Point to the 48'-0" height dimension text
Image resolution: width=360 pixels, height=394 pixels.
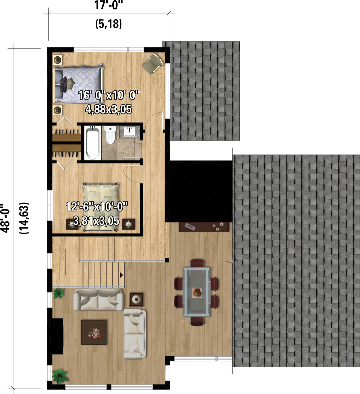(x=5, y=218)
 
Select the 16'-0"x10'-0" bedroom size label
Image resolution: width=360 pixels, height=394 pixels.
(x=109, y=95)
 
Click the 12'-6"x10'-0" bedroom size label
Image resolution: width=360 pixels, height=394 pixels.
(x=97, y=207)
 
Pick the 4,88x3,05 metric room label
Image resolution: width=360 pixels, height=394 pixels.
(x=109, y=109)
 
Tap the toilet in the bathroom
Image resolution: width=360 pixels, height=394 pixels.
(x=110, y=135)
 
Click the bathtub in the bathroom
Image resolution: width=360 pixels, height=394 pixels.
(x=92, y=143)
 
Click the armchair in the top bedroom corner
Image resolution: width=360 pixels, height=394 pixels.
(x=153, y=63)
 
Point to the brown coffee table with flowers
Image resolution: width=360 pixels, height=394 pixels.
(x=94, y=332)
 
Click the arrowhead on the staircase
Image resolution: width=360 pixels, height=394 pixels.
(x=122, y=275)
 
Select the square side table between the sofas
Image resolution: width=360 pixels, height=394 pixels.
(x=136, y=299)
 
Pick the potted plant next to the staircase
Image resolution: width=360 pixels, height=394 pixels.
(x=59, y=293)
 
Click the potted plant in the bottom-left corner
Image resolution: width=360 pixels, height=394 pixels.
(x=60, y=376)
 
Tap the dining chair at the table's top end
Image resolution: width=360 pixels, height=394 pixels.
(x=197, y=263)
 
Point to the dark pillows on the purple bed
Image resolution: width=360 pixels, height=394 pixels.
(x=66, y=83)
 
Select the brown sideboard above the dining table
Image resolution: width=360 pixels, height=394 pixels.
(x=204, y=227)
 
